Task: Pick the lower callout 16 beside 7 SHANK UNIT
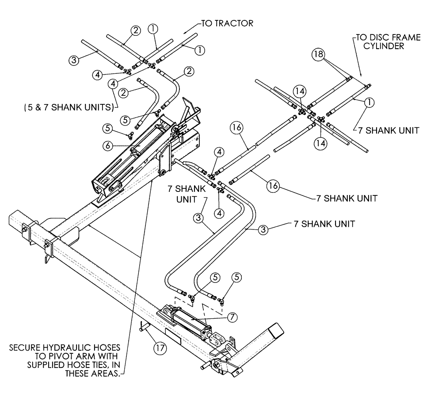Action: pos(273,186)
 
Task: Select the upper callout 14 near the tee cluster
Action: pos(300,91)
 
